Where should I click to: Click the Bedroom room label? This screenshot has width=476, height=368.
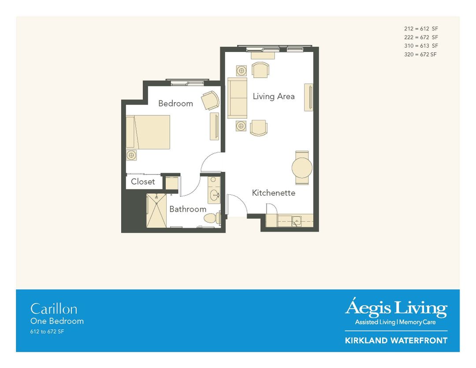pos(175,104)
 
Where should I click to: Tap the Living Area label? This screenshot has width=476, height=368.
pos(273,97)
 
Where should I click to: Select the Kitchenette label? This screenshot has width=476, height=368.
pos(273,193)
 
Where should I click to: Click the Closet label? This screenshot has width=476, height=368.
pos(143,182)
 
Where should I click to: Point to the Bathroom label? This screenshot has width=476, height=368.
pos(188,209)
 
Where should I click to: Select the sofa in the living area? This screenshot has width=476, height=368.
pos(237,98)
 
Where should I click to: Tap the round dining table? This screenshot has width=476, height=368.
pos(302,167)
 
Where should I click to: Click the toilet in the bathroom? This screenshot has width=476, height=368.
pos(213,218)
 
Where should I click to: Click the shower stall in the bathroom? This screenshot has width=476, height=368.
pos(156,210)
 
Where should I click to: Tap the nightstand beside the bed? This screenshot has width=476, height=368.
pos(131,155)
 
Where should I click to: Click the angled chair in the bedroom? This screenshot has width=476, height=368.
pos(210,100)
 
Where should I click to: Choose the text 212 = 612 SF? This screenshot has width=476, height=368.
pos(421,29)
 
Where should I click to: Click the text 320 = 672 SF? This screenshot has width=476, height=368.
pos(420,54)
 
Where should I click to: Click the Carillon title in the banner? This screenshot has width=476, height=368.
pos(53,309)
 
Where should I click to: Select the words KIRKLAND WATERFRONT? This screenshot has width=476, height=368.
pos(396,341)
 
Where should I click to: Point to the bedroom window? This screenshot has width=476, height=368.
pos(187,82)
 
